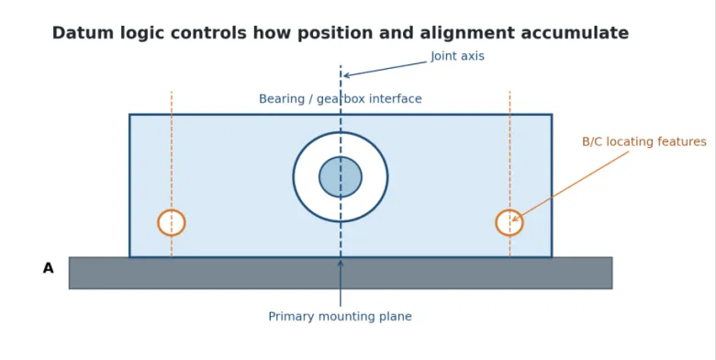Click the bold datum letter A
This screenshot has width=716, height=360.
[x=48, y=268]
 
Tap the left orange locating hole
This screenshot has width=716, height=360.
[x=159, y=223]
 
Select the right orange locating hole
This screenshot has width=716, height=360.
[x=497, y=223]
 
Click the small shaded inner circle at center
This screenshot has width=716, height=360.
[x=341, y=177]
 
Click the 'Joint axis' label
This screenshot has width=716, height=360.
[x=457, y=56]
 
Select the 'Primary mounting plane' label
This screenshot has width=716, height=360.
[x=341, y=317]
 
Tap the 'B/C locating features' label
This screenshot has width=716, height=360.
[x=644, y=142]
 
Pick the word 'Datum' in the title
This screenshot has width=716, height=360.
[x=84, y=33]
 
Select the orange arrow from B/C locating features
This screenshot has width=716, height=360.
[x=570, y=186]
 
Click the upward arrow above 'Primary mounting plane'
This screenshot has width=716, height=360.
[x=341, y=283]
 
